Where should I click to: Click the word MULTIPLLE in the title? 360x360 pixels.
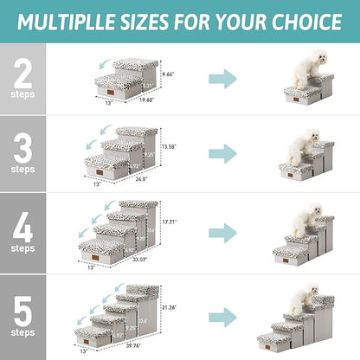click(x=79, y=20)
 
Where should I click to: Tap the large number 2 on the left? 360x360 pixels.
click(x=22, y=72)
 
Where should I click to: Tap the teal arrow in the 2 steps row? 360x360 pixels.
click(x=223, y=80)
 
